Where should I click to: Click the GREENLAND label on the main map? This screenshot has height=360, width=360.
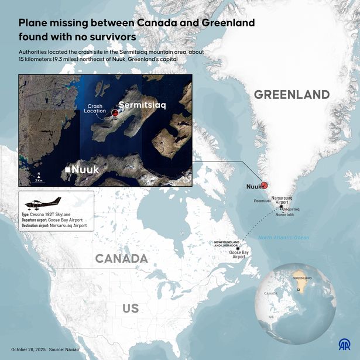tap(292, 95)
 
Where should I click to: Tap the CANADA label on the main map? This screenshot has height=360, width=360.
tap(122, 258)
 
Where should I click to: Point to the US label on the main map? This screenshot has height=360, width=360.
tap(130, 308)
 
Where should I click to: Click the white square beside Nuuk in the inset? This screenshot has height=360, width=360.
tap(68, 170)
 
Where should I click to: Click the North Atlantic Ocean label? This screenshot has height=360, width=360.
tap(284, 237)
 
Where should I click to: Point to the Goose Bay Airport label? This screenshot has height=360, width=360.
tap(239, 254)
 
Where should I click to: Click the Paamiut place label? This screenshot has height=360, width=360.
tap(262, 200)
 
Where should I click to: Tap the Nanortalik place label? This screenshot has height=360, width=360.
tap(285, 215)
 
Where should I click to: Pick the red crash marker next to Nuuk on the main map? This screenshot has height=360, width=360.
tap(264, 184)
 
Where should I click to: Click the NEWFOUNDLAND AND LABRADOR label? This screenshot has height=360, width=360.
tap(230, 243)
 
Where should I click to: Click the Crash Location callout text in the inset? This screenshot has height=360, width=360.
tap(95, 108)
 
